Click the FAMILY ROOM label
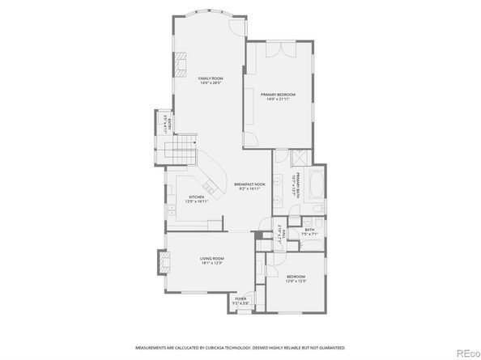coord(211,77)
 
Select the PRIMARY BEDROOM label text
coord(278,95)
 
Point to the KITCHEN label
coord(196,197)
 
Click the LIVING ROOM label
coord(212,258)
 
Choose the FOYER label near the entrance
coord(240,299)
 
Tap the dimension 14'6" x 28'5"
coord(211,83)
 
